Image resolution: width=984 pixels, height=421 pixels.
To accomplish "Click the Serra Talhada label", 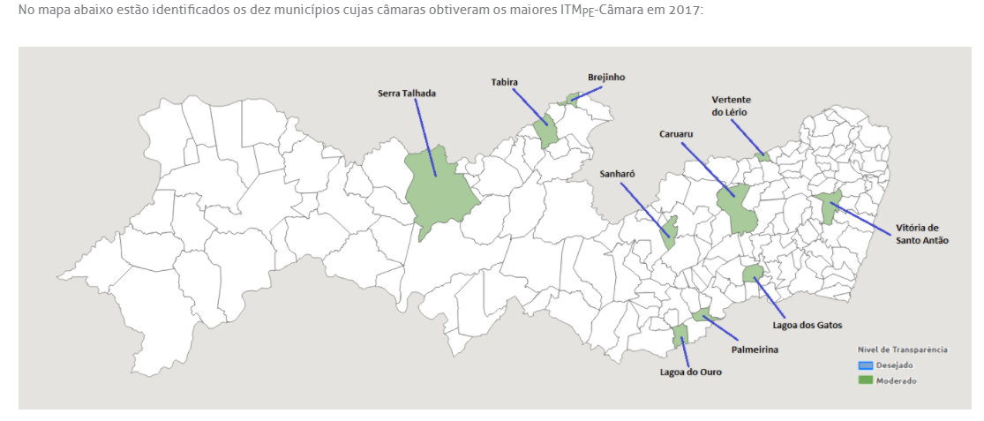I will coord(407,93).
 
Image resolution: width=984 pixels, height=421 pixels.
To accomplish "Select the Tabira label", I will coord(505,82).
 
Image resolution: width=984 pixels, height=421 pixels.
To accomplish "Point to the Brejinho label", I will coord(606,77).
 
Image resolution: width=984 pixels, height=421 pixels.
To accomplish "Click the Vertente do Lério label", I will coord(731,106).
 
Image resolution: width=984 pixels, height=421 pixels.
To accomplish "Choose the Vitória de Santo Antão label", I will coord(922,234).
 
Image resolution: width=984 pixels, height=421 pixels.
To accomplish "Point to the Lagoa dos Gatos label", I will coord(807,325).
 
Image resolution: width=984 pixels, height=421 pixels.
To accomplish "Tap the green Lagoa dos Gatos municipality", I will coord(753,274).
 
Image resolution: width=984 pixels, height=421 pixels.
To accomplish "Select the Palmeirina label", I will coord(755,349).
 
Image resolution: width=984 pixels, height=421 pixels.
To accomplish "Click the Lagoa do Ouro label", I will coord(691,372).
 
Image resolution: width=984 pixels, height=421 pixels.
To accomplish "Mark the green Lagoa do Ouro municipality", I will coord(680,335).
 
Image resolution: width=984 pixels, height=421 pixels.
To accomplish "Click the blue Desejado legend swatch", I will coord(865,365).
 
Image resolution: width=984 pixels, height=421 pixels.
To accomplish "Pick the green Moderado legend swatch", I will coord(865,380).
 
